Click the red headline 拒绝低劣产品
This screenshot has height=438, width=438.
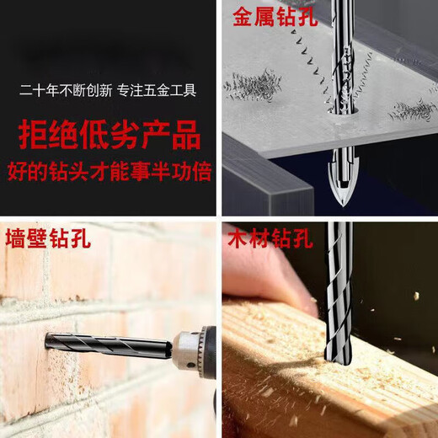pos(109,136)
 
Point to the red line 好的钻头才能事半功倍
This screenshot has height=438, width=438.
pos(109,174)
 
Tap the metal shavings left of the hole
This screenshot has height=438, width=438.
pos(254,87)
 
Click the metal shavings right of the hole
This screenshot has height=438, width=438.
pos(413,110)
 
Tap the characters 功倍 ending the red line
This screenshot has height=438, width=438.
pos(192,174)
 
